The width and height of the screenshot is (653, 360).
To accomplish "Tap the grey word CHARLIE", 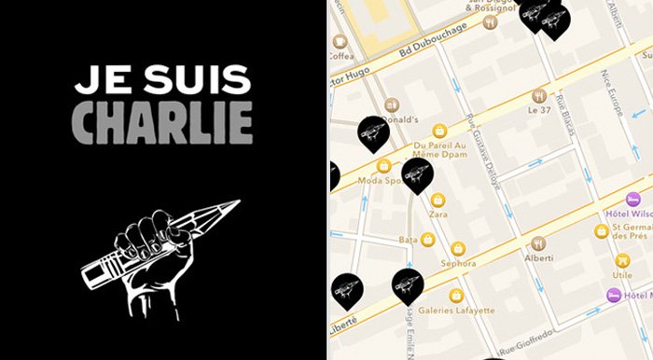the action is point(163,121).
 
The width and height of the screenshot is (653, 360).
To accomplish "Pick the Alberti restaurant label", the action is point(540,256).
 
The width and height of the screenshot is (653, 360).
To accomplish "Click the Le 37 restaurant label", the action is point(538,111).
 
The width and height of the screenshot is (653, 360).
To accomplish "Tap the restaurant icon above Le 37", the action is point(538,95).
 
